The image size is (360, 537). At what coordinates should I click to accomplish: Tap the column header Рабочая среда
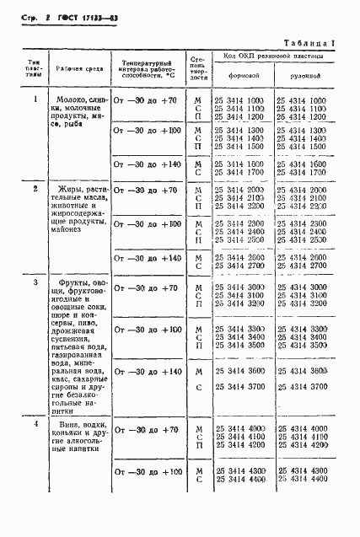(x=77, y=68)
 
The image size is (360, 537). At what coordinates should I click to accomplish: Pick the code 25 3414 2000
(x=240, y=191)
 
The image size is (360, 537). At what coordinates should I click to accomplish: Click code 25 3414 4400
(x=240, y=479)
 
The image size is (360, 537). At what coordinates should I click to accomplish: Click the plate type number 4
(x=35, y=423)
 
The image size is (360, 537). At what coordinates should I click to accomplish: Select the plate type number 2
(x=35, y=189)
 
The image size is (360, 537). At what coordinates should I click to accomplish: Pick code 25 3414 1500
(x=240, y=146)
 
